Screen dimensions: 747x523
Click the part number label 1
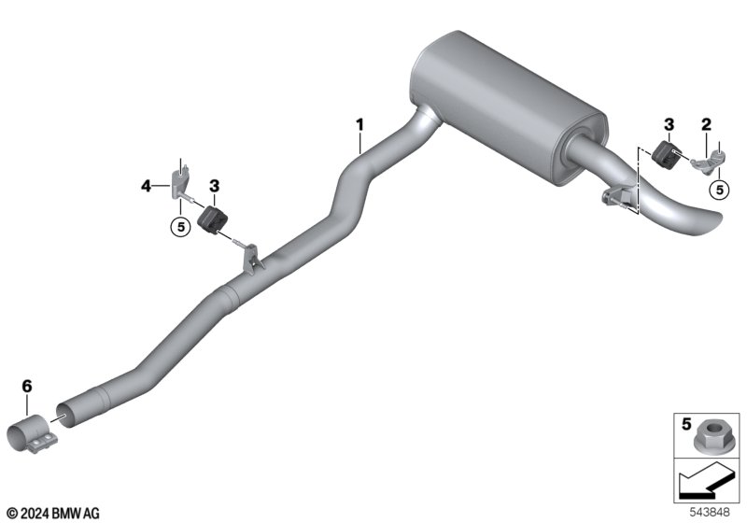pos(360,125)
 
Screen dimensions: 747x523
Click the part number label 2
pos(706,125)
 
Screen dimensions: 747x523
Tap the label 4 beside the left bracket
pos(147,186)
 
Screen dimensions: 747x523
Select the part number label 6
pos(27,386)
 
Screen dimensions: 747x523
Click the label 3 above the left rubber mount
pos(215,186)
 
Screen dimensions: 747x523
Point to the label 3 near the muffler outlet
pos(669,125)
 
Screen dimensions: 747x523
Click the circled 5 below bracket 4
pos(180,227)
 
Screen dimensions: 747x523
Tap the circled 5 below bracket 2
pos(719,190)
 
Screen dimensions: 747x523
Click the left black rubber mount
pos(212,220)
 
